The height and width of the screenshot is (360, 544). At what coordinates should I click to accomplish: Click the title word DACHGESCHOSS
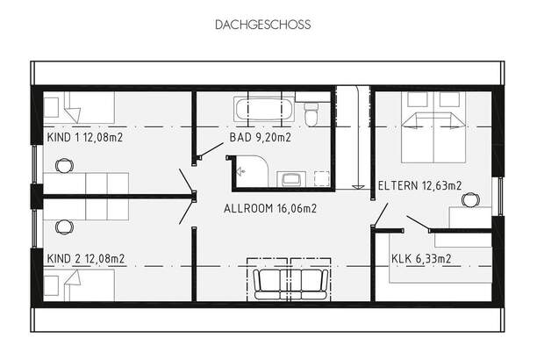[x=262, y=25]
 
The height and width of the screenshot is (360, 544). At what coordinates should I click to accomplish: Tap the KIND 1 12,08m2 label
[x=85, y=137]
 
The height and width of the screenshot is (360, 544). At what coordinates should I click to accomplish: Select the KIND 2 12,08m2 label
[x=85, y=258]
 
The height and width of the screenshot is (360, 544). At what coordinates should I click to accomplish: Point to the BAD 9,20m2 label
[x=261, y=137]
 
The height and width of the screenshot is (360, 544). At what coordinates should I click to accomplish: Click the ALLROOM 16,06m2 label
[x=270, y=209]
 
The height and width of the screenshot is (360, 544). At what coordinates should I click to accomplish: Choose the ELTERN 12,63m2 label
[x=419, y=186]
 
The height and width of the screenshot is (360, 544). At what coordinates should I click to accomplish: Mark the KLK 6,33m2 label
[x=421, y=258]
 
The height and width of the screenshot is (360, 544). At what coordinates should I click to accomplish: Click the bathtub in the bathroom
[x=262, y=111]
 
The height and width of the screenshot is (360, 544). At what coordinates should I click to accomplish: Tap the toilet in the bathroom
[x=311, y=113]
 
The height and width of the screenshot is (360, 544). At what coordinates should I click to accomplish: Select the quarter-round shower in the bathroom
[x=252, y=171]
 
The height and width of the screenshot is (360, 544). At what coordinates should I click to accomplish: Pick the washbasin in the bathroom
[x=290, y=179]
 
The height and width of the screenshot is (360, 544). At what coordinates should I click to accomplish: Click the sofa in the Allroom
[x=290, y=282]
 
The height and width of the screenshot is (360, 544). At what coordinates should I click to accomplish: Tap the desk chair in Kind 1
[x=64, y=164]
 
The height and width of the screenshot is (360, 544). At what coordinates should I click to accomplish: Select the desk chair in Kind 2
[x=64, y=227]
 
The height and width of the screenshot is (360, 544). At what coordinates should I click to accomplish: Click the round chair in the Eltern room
[x=470, y=199]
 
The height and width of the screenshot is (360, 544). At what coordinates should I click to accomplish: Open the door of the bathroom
[x=211, y=151]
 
